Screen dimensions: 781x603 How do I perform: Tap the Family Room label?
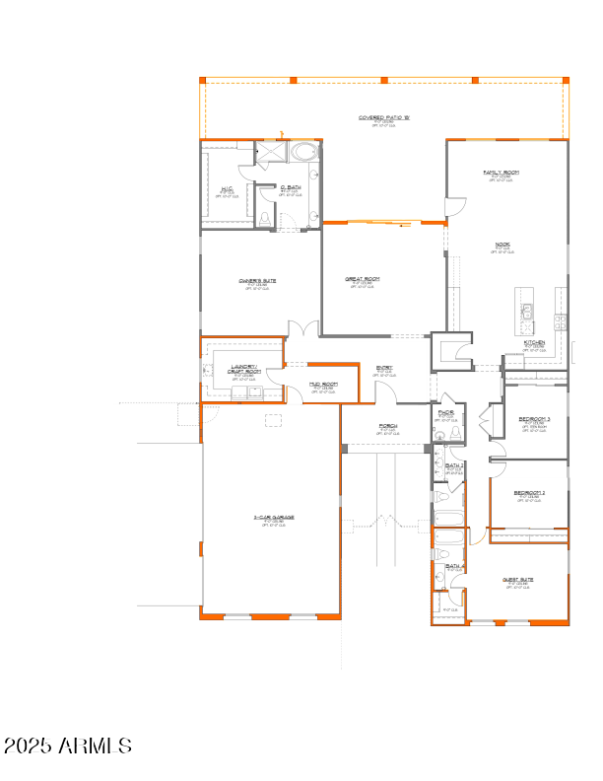pos(501,173)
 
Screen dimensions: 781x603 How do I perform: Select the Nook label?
pos(502,244)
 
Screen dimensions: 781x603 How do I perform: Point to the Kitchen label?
pos(534,342)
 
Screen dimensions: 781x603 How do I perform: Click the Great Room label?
pos(362,279)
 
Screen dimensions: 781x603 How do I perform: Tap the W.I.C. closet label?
pos(226,187)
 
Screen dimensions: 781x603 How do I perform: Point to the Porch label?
pos(387,426)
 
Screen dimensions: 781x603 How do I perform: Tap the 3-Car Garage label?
pos(273,517)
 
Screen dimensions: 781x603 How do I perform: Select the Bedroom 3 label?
pos(534,419)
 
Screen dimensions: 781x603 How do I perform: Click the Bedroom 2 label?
pos(529,492)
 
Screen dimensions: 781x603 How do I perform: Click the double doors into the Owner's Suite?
pos(303,328)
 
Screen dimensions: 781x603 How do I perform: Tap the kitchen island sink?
pos(526,313)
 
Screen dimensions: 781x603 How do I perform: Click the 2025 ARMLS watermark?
pos(68,745)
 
